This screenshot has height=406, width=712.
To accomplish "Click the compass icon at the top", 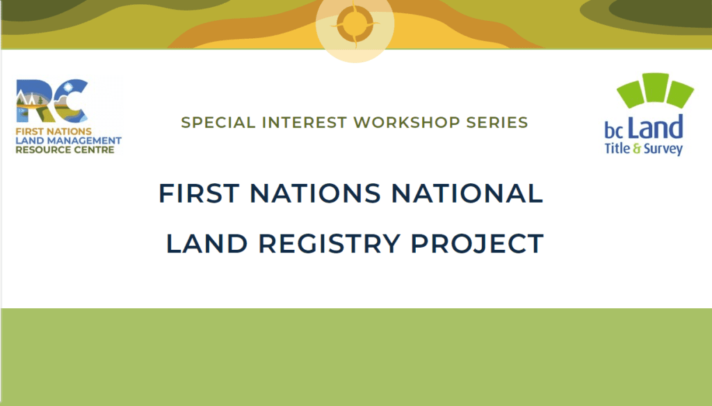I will point(355,26).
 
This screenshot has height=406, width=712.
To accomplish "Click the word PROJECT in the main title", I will point(477,244).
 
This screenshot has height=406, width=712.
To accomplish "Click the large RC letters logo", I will point(52,101).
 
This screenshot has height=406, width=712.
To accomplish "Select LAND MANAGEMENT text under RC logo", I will point(68,141).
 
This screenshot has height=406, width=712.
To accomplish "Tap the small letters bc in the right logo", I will point(615,130).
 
